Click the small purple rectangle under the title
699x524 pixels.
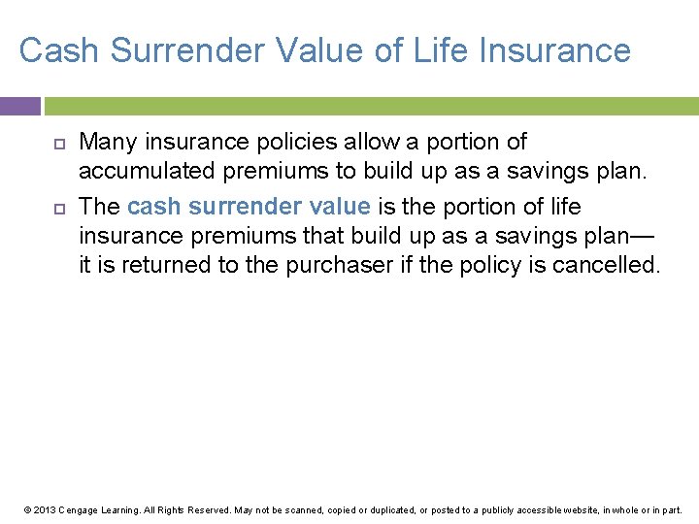click(19, 106)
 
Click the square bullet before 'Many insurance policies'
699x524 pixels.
click(58, 143)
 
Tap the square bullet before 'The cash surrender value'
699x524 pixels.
click(58, 208)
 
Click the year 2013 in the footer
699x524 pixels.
click(43, 509)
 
